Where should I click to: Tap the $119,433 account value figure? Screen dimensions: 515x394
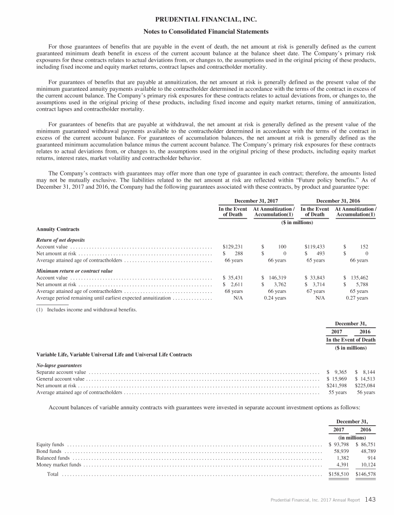pyautogui.click(x=314, y=247)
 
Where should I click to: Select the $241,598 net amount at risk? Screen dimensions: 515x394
pyautogui.click(x=337, y=385)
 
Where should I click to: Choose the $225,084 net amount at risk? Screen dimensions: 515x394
pyautogui.click(x=365, y=385)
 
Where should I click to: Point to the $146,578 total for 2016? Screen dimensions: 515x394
pyautogui.click(x=365, y=474)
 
